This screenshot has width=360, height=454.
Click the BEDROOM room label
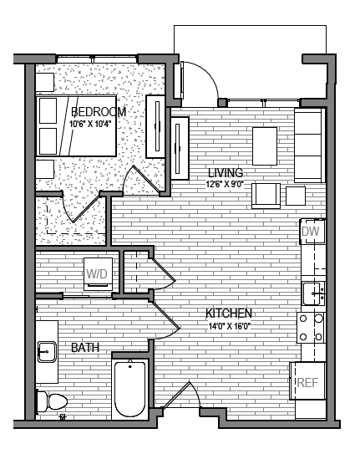(x=99, y=112)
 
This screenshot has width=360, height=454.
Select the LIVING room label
(x=225, y=173)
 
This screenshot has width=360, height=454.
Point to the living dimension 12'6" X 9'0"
(x=225, y=185)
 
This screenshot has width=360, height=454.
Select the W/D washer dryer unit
(x=97, y=273)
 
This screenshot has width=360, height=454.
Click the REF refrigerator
(x=307, y=383)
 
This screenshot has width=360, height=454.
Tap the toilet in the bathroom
(x=52, y=401)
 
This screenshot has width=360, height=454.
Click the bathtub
(x=130, y=388)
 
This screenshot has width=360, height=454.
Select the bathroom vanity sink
(x=46, y=350)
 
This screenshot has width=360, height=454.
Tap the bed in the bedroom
(x=75, y=126)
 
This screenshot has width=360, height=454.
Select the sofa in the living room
(x=309, y=144)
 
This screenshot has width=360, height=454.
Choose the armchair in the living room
(x=267, y=195)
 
